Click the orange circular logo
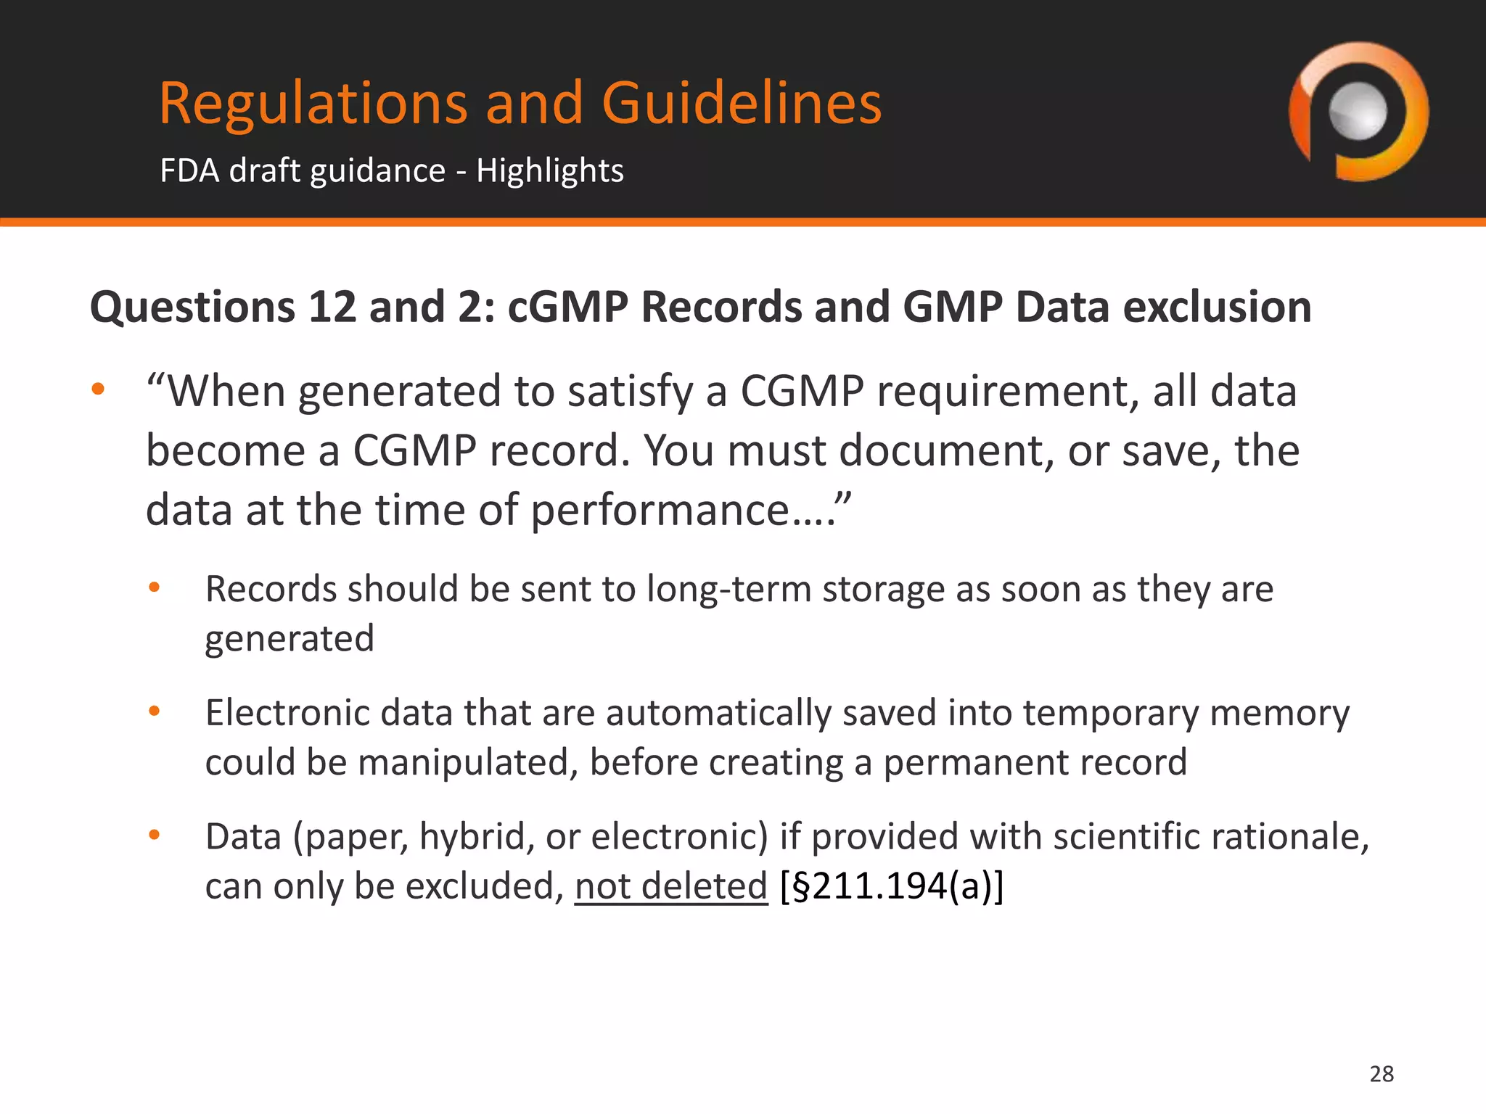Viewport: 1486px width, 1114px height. (x=1358, y=112)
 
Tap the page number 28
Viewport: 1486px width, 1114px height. (x=1382, y=1074)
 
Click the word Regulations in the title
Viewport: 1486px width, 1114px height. (x=313, y=103)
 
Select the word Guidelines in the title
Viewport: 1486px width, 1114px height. (x=741, y=103)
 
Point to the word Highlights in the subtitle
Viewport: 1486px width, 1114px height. (x=549, y=171)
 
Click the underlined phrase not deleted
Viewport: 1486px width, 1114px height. (x=670, y=886)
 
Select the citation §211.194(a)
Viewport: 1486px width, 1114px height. (x=892, y=886)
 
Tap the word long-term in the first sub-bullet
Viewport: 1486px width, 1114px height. (x=728, y=589)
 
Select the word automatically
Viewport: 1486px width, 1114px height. (x=718, y=713)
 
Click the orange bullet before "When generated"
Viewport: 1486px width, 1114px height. (x=98, y=389)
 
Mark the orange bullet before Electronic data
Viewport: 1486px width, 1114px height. (x=154, y=711)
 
